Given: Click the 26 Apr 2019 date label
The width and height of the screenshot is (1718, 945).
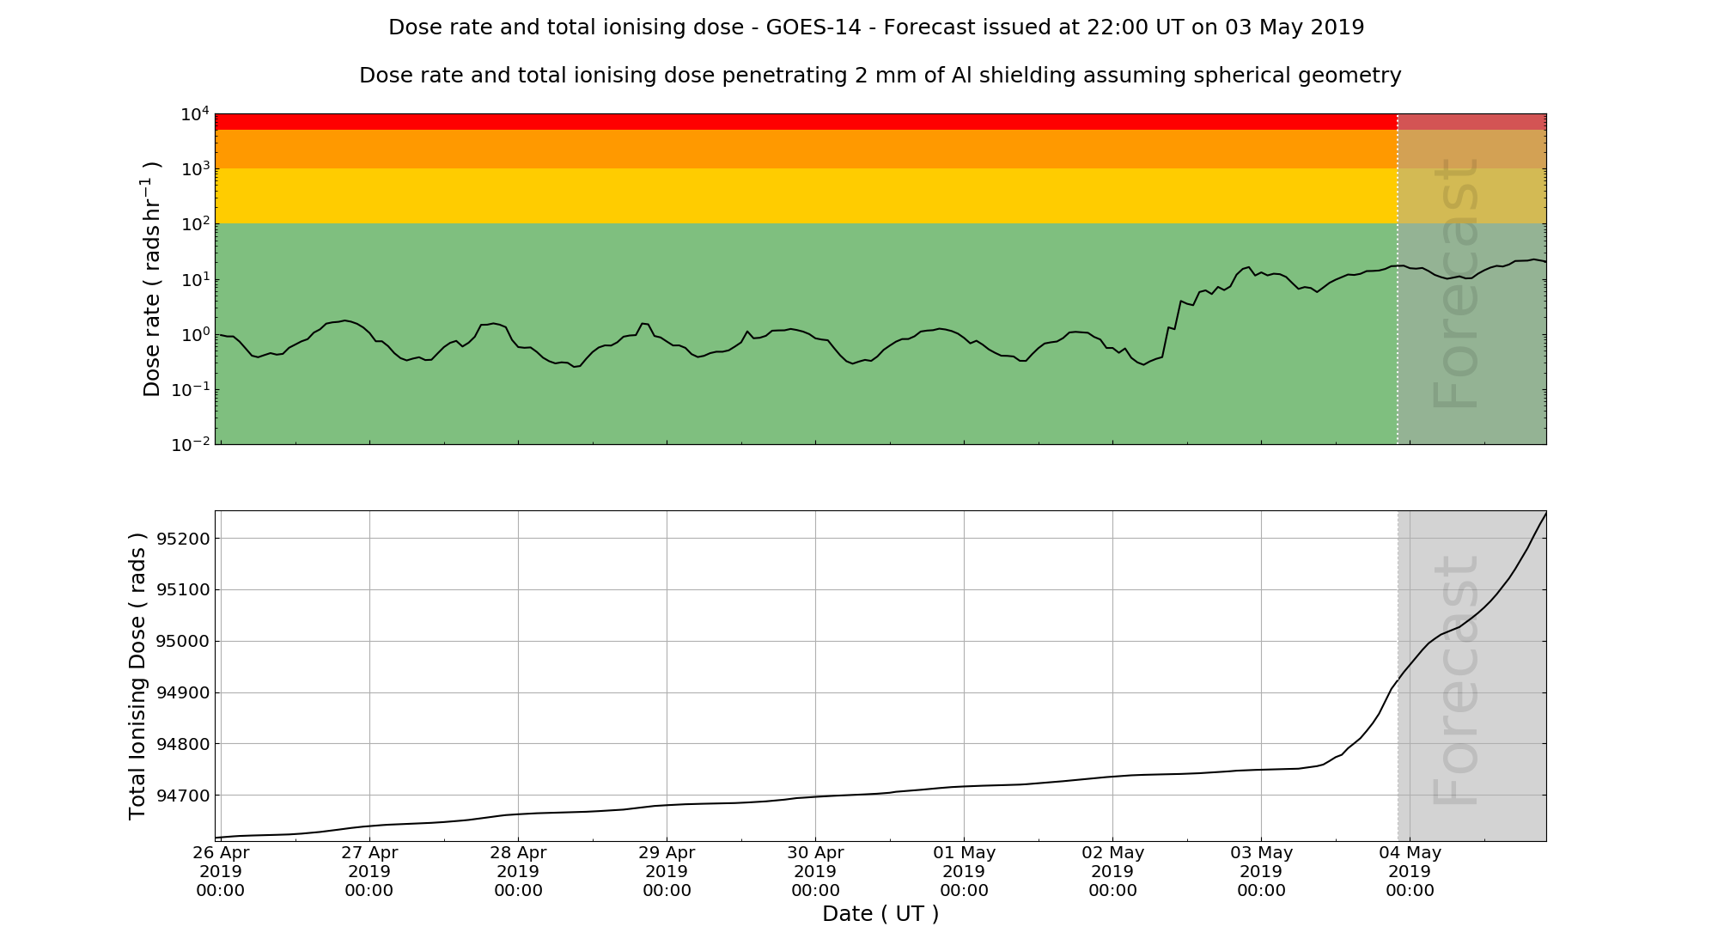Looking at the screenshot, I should [x=221, y=871].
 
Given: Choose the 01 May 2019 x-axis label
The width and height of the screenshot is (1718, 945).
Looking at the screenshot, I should [x=964, y=871].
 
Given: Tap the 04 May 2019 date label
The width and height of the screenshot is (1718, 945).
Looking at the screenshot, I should [x=1410, y=871].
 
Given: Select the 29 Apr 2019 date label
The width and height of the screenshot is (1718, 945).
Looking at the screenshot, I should [x=667, y=871].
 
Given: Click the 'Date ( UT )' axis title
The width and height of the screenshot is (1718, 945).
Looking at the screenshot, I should [x=880, y=914].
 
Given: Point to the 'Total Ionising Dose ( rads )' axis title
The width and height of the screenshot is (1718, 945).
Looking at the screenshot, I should [x=137, y=676].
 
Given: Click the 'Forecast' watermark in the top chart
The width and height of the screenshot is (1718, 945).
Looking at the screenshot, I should [x=1455, y=283].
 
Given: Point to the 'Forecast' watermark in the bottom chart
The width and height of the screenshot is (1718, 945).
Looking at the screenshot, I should [x=1455, y=680].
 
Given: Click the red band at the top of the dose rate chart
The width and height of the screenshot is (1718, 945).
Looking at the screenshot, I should [x=773, y=121].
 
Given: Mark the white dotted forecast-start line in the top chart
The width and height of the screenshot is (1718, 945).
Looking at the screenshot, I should [x=1398, y=344].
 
